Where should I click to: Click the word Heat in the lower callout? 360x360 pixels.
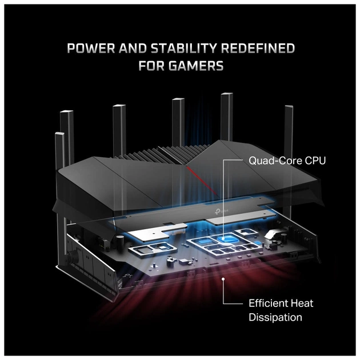tap(303, 303)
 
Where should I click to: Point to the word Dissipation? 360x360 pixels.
tap(275, 317)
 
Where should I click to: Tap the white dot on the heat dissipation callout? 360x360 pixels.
tap(223, 279)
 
